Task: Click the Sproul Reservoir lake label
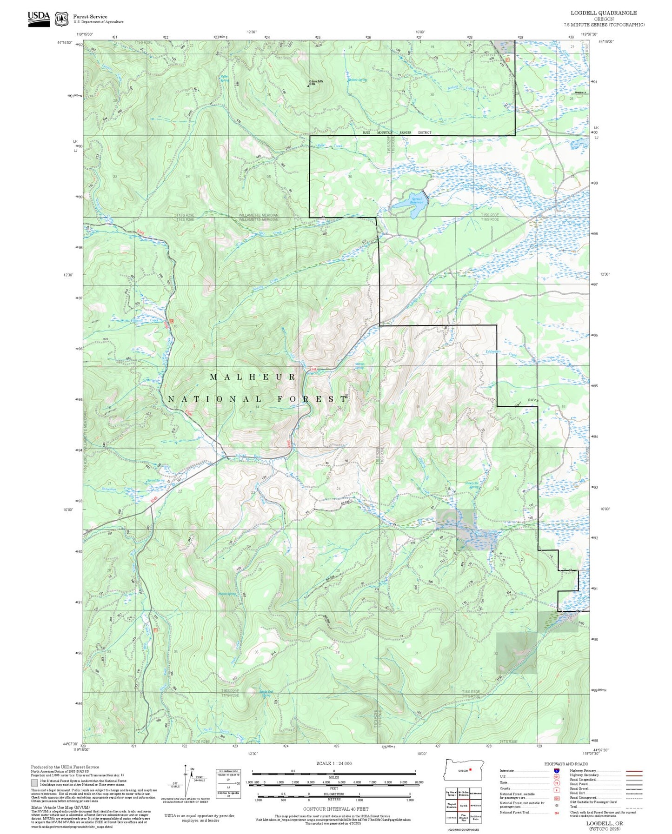417,200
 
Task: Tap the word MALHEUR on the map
253,377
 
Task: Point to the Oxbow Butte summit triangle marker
308,85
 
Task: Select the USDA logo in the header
39,19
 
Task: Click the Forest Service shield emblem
61,19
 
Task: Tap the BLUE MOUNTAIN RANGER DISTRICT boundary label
397,133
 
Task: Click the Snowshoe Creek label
117,489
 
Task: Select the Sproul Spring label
155,480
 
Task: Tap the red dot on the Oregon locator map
470,769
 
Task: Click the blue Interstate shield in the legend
556,771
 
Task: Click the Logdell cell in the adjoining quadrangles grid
463,805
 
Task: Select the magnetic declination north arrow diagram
186,782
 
